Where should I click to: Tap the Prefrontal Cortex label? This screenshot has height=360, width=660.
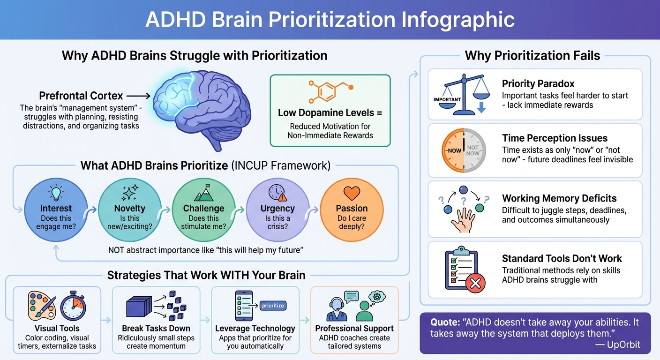(81, 96)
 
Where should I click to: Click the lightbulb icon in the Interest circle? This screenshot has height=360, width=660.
(56, 192)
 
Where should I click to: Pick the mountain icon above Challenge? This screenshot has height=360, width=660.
(203, 192)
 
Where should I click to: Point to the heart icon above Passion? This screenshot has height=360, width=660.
(352, 193)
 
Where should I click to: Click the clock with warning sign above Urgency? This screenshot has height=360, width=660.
(277, 193)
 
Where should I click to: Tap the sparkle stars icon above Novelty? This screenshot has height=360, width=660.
(129, 193)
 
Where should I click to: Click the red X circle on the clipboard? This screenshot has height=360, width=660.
(474, 283)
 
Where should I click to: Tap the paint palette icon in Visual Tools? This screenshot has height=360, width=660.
(42, 306)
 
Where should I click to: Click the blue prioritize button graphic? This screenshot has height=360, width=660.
(273, 306)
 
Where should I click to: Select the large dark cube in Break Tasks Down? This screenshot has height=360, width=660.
(139, 307)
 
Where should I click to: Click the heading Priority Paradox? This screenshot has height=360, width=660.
(538, 84)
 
